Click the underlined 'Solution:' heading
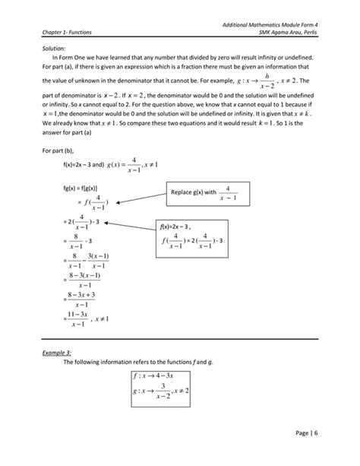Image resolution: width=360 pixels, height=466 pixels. (x=54, y=48)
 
